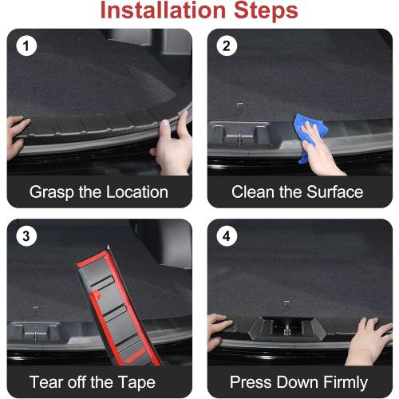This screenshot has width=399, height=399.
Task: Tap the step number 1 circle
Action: (x=26, y=46)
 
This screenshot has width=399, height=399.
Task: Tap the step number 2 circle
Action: (x=226, y=46)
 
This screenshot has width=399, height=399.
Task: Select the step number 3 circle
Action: (x=26, y=236)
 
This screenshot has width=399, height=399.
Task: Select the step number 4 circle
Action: (x=226, y=236)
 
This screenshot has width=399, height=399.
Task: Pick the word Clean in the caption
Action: (x=253, y=192)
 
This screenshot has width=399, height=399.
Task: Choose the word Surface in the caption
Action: (x=333, y=192)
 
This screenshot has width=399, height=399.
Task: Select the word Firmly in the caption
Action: (x=341, y=381)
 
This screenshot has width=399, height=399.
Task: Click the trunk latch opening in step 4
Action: (x=287, y=326)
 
